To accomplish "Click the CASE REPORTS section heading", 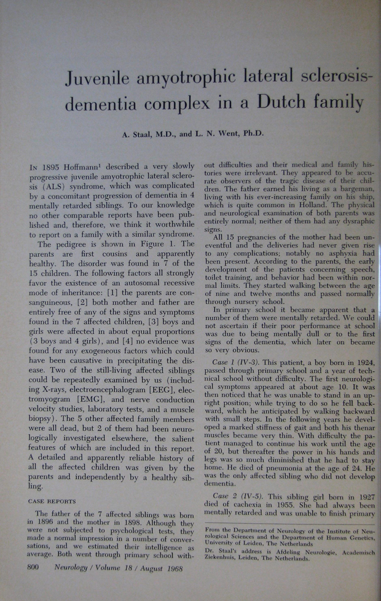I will (x=53, y=500).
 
